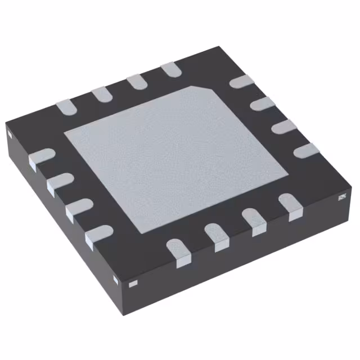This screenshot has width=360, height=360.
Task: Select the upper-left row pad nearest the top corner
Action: click(x=170, y=70)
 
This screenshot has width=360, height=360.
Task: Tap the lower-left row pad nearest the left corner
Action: click(x=40, y=156)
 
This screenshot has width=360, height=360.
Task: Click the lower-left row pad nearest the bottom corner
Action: click(x=98, y=235)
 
